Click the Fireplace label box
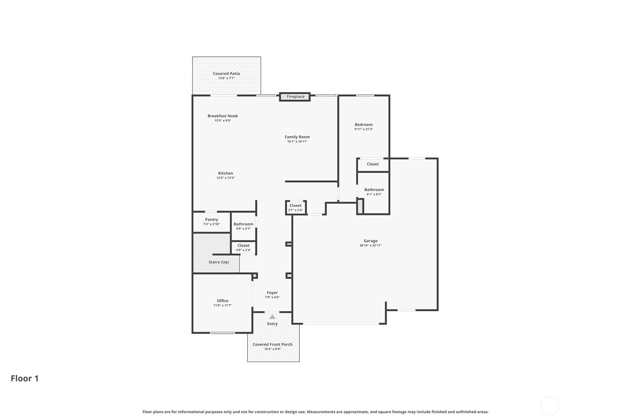tap(295, 97)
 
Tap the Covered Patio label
tap(226, 74)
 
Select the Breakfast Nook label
tap(223, 116)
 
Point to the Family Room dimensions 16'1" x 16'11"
tap(297, 141)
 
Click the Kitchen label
tap(225, 173)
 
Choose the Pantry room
tap(212, 222)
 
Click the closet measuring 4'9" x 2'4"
tap(244, 248)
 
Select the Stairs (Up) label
tap(219, 262)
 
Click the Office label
tap(222, 301)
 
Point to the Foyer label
tap(272, 293)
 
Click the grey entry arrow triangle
tap(272, 317)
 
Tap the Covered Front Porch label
tap(273, 344)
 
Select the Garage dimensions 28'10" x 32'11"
tap(370, 245)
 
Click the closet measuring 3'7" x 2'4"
tap(296, 208)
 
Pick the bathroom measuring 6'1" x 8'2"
tap(374, 192)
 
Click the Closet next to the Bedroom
tap(373, 164)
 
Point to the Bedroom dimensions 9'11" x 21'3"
tap(364, 129)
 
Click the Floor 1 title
tap(25, 378)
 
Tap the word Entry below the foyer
tap(273, 324)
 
